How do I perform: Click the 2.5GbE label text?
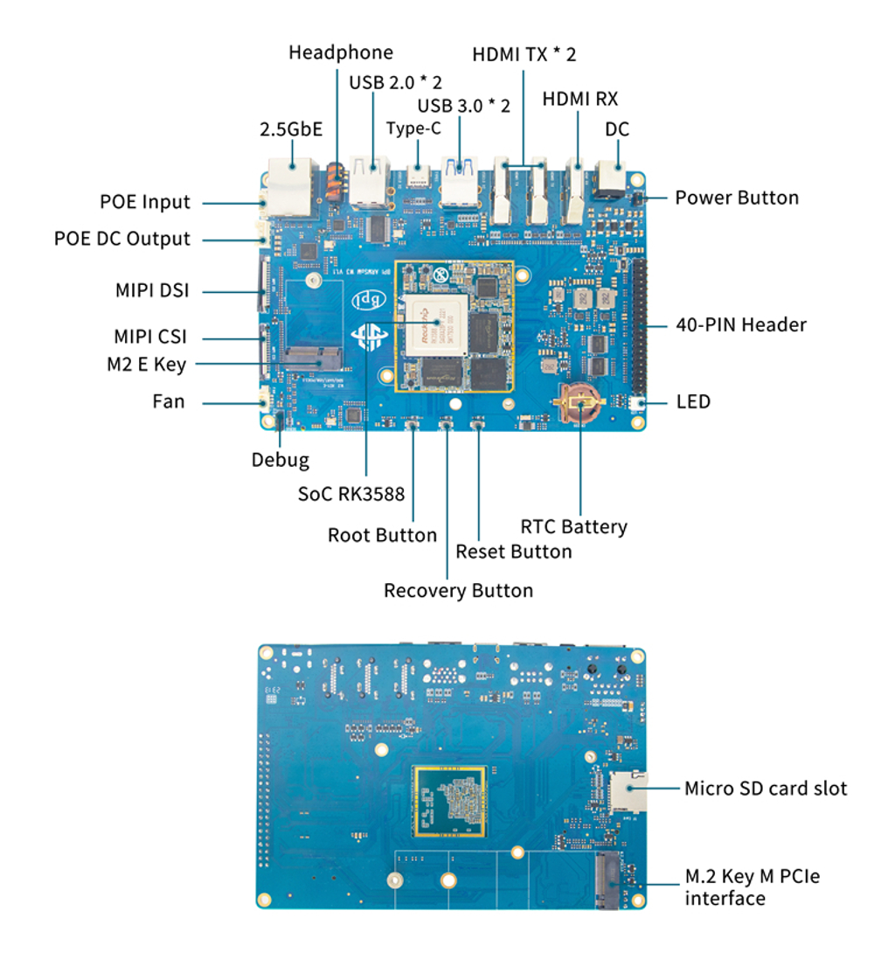[x=291, y=129]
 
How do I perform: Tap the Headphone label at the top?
[x=340, y=53]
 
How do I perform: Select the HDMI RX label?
[x=579, y=99]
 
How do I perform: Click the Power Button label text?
[x=736, y=198]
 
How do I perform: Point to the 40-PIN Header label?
[x=740, y=324]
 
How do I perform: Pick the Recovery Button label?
[x=458, y=591]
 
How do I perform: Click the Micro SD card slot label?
[x=765, y=789]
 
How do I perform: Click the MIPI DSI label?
[x=152, y=291]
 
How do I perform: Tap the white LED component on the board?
[x=636, y=403]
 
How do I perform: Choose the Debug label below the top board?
[x=280, y=459]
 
